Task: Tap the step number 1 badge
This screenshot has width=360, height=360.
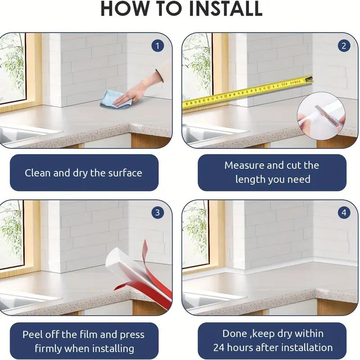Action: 157,46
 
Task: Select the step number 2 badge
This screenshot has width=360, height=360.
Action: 344,46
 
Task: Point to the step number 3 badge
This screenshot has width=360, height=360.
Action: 157,212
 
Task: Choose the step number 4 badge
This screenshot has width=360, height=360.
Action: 344,212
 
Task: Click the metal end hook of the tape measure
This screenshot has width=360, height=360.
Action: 309,80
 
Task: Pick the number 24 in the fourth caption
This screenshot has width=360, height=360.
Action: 219,347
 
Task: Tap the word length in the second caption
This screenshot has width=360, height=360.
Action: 250,179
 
